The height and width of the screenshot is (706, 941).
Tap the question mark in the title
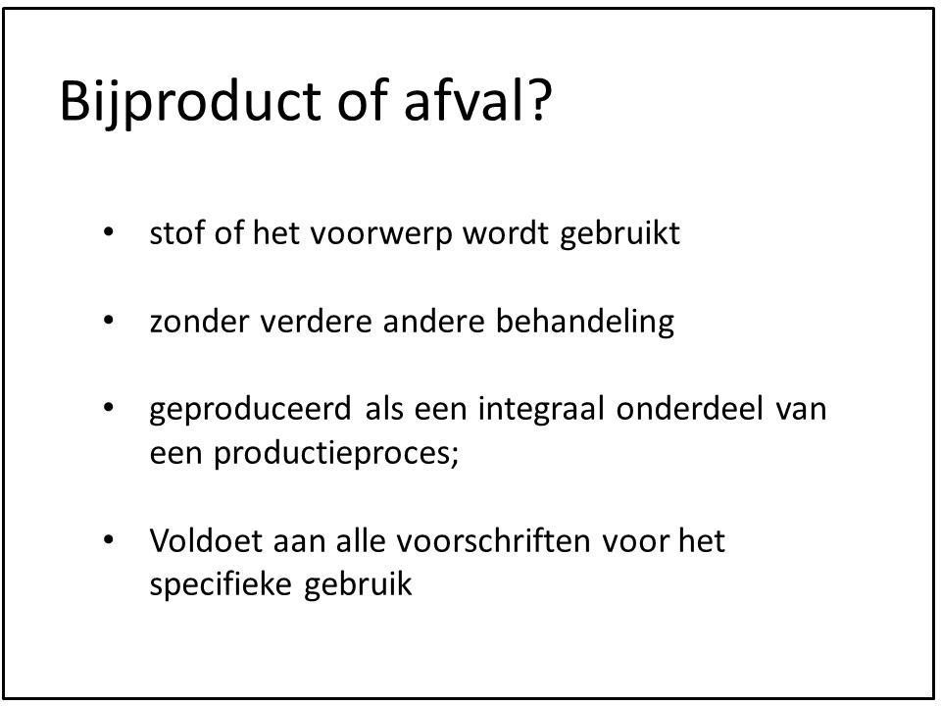(539, 99)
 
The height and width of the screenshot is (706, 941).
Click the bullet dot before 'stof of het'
(108, 232)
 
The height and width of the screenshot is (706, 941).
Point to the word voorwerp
(380, 235)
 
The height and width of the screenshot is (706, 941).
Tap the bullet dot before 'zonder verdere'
(108, 321)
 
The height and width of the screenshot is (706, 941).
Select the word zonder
(199, 322)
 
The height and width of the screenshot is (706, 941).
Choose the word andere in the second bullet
(433, 322)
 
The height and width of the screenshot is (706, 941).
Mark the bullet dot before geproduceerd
(108, 408)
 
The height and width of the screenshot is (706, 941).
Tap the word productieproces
(330, 454)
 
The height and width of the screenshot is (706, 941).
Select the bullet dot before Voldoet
(108, 539)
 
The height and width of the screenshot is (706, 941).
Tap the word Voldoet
(206, 540)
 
